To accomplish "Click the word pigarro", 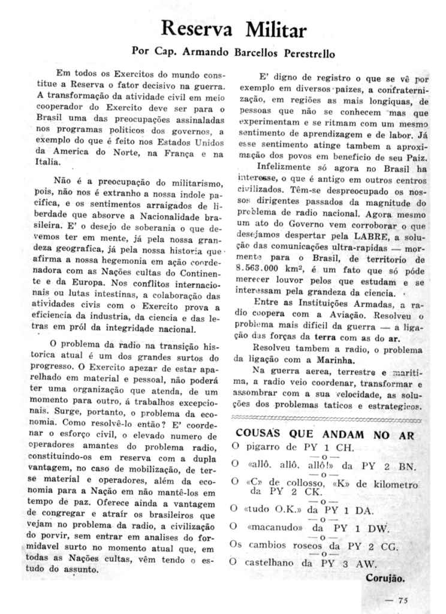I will coord(265,448).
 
